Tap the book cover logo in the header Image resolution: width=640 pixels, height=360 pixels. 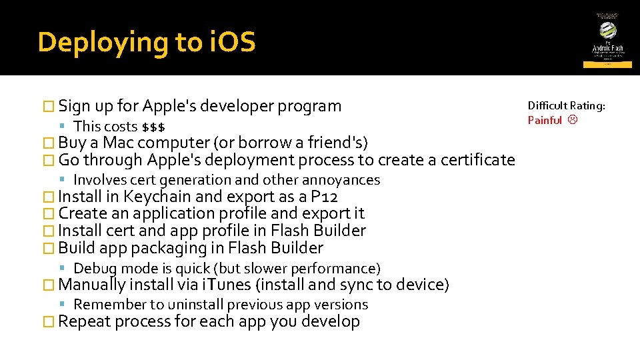[607, 39]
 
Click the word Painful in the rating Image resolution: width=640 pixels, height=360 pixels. [545, 120]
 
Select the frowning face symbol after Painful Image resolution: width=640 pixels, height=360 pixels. [572, 120]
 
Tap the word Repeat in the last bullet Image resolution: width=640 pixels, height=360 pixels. [84, 322]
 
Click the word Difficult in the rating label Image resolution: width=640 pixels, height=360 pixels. [547, 105]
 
